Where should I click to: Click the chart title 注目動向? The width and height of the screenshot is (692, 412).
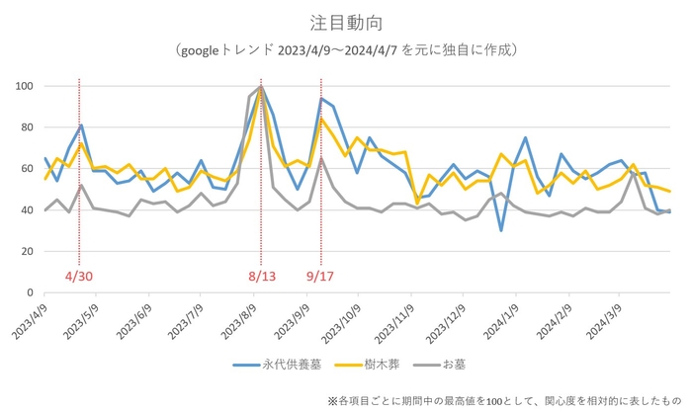click(346, 21)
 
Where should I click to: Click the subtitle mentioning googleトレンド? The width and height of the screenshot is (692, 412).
click(346, 48)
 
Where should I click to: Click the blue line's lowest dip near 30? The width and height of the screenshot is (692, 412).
click(501, 230)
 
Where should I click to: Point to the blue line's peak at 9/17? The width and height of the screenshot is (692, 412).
click(321, 99)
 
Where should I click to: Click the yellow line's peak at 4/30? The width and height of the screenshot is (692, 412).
click(81, 144)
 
